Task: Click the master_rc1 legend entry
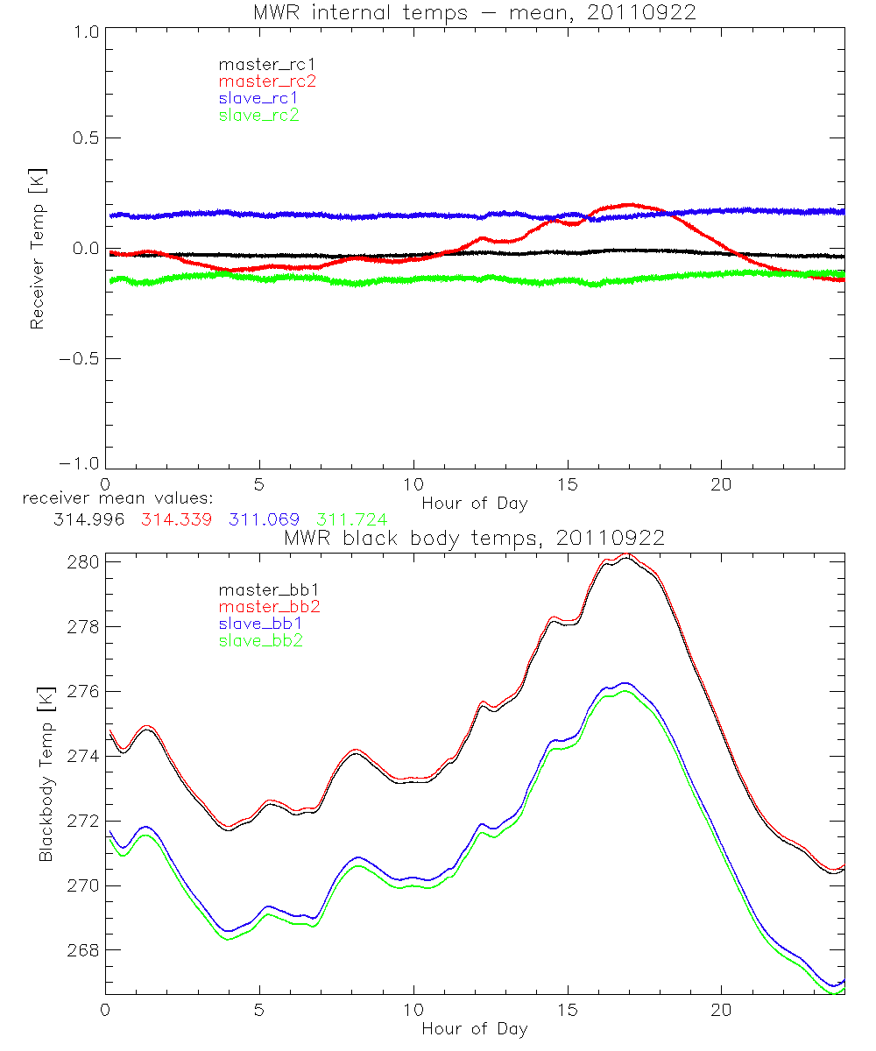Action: coord(258,64)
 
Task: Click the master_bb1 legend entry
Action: coord(262,589)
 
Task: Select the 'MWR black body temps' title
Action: coord(474,538)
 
